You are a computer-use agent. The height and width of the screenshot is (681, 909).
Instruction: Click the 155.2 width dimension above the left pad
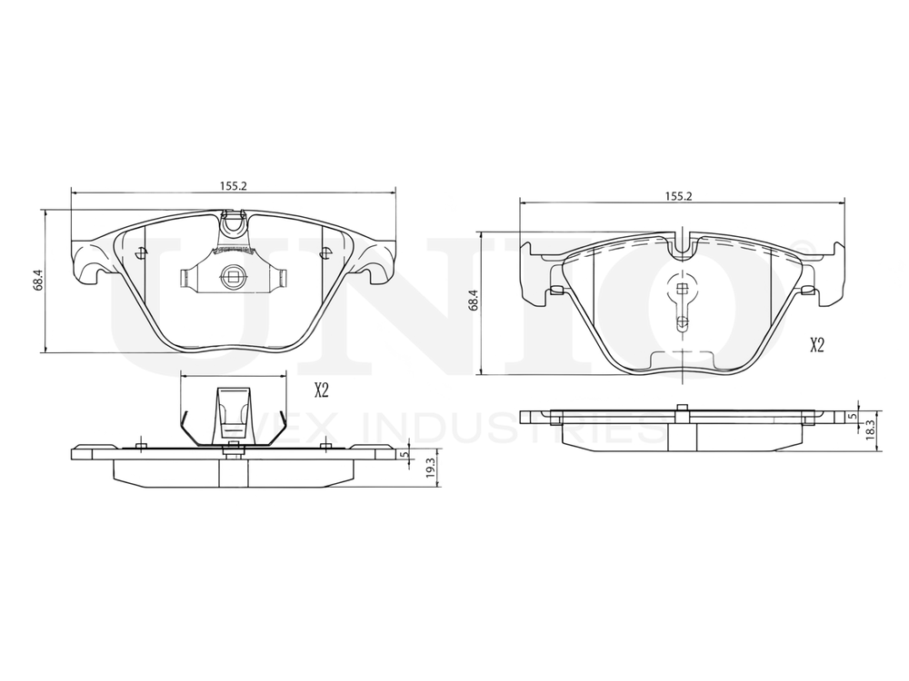234,185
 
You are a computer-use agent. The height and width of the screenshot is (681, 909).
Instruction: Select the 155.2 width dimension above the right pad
679,195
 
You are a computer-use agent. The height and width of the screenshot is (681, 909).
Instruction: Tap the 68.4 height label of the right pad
472,302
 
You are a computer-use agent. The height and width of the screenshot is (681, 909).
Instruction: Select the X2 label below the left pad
321,390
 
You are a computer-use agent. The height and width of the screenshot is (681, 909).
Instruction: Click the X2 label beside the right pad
816,344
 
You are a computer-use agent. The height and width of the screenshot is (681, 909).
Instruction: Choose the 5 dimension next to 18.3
851,416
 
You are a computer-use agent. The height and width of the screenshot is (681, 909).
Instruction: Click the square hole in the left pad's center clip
232,279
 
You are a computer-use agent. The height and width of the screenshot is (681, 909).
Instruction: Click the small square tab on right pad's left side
555,290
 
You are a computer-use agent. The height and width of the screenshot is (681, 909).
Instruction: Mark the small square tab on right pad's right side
806,290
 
